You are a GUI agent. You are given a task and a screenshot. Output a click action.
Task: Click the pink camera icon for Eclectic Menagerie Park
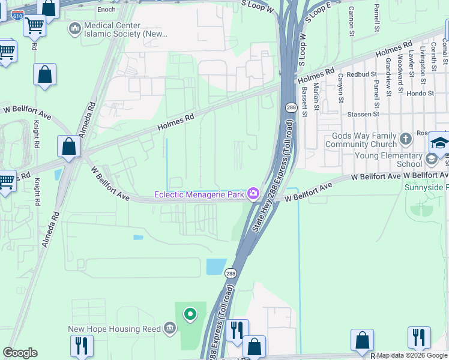point(253,193)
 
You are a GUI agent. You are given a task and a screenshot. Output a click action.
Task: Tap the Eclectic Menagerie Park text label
point(199,194)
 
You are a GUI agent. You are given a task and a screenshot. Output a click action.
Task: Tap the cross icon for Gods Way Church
point(406,140)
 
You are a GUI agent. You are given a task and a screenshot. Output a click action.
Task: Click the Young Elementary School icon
point(431,159)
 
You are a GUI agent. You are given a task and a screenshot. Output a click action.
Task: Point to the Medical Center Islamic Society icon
point(75,28)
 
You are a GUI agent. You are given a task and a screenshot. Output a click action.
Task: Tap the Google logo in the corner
point(20,353)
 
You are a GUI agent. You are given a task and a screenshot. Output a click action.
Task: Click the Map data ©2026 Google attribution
point(412,355)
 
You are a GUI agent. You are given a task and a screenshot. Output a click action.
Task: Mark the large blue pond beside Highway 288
point(216,266)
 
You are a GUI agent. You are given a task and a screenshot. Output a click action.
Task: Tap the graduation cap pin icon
point(439,143)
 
